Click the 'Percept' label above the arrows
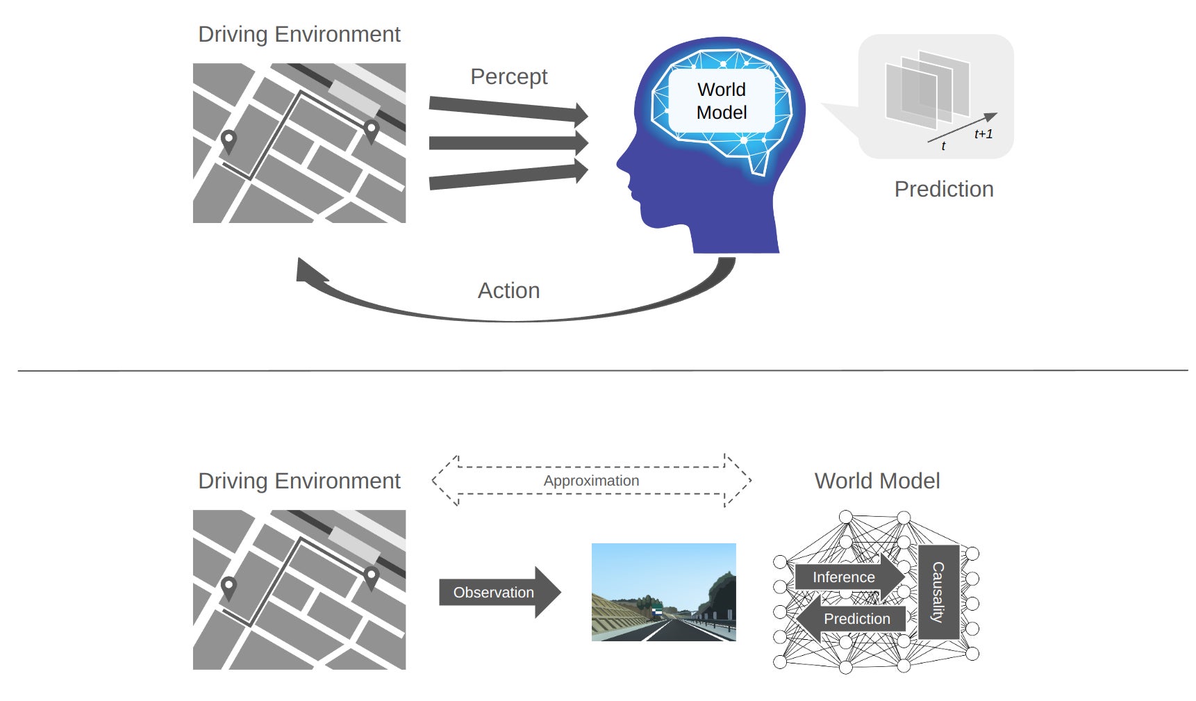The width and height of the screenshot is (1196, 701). pos(508,76)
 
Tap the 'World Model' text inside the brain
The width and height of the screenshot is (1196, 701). pos(722,101)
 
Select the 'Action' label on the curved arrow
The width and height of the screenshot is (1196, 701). pos(508,290)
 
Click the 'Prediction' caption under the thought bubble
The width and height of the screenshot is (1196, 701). pos(943,189)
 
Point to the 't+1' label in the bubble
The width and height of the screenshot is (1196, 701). pos(983,134)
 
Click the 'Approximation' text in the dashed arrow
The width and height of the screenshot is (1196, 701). pos(591,481)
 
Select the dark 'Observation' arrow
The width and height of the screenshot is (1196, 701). pos(497,593)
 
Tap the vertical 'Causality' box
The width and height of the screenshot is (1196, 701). pos(938,592)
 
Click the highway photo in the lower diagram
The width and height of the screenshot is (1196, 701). pos(663,592)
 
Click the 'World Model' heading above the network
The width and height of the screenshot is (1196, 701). pos(877,481)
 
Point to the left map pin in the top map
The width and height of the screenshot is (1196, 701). pos(228,140)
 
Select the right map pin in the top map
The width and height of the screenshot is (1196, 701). pos(371,129)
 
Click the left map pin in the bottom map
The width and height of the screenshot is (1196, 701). pos(228,587)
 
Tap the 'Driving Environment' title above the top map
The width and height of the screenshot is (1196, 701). pos(299,34)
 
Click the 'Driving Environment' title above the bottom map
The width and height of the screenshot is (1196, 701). pos(299,481)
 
